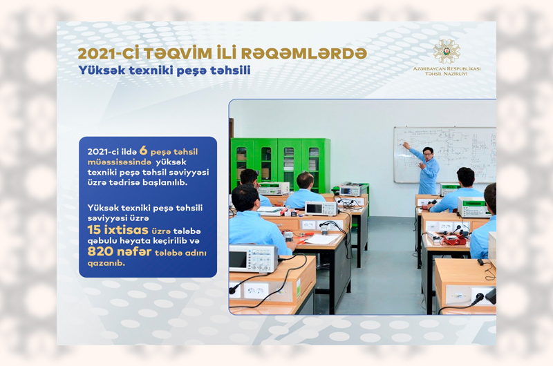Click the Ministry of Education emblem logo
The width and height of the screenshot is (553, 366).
click(x=447, y=51)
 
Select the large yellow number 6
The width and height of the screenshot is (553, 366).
click(x=143, y=151)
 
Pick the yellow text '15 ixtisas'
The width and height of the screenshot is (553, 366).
click(x=118, y=230)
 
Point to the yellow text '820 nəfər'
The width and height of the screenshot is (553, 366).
click(x=119, y=252)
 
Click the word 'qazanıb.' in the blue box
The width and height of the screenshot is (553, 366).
click(x=106, y=264)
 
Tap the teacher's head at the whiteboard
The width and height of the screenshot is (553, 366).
click(x=428, y=153)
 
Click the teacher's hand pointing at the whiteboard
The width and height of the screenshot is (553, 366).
click(x=406, y=145)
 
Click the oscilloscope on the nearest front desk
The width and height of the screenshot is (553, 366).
click(x=253, y=258)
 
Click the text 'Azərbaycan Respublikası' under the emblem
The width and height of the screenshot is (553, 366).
click(x=447, y=68)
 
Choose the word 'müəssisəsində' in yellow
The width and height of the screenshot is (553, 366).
click(x=119, y=162)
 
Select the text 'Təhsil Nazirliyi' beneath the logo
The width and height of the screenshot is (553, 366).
click(x=447, y=75)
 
